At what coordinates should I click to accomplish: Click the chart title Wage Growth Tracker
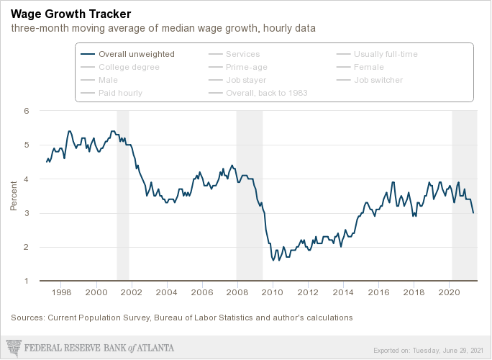click(70, 14)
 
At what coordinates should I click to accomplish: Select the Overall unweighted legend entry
click(136, 54)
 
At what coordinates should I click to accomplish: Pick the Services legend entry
click(242, 54)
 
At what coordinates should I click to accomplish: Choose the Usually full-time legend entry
click(386, 54)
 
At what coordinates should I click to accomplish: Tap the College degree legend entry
click(129, 67)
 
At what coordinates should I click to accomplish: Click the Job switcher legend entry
click(378, 80)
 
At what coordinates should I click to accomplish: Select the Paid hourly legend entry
click(120, 93)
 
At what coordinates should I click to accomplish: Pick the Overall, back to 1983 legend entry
click(266, 93)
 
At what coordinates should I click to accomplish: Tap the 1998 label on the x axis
click(61, 293)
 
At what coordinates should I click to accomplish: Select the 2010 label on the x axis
click(273, 293)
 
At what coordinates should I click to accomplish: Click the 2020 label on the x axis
click(449, 293)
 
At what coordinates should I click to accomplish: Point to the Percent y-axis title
click(14, 196)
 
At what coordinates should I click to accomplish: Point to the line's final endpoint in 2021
click(473, 213)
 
